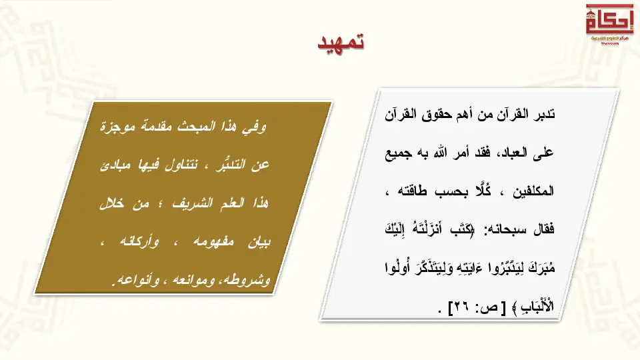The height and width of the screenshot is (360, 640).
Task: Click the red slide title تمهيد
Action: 341,42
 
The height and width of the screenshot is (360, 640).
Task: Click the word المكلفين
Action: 533,191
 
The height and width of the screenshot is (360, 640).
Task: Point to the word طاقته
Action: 412,191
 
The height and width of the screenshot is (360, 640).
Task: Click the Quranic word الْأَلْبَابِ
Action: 537,306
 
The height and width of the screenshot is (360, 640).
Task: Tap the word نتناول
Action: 181,165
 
